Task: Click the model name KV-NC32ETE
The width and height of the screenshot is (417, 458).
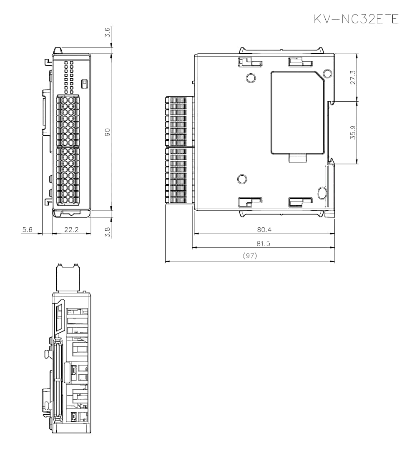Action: click(356, 19)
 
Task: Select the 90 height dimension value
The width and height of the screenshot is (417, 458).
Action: click(107, 132)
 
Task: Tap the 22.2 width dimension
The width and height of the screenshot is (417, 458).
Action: click(72, 229)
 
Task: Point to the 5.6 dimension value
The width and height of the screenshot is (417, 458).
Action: click(28, 229)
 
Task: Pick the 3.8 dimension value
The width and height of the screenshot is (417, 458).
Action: click(107, 231)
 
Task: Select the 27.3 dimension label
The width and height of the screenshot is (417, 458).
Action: click(353, 77)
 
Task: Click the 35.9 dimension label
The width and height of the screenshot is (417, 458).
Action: click(353, 132)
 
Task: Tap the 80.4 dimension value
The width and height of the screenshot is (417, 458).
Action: click(264, 229)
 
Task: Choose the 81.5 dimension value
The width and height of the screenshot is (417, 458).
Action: click(264, 244)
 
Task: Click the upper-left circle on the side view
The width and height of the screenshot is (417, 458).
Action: click(251, 78)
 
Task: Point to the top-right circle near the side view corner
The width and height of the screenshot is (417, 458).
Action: click(327, 75)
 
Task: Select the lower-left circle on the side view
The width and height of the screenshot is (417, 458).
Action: click(242, 179)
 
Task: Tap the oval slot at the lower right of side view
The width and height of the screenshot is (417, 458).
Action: click(322, 193)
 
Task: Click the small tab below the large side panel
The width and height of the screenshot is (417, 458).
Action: click(298, 158)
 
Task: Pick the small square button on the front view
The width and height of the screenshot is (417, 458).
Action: click(85, 83)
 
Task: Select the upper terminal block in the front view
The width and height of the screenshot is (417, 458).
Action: click(68, 121)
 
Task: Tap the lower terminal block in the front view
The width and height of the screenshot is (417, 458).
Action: click(68, 176)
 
